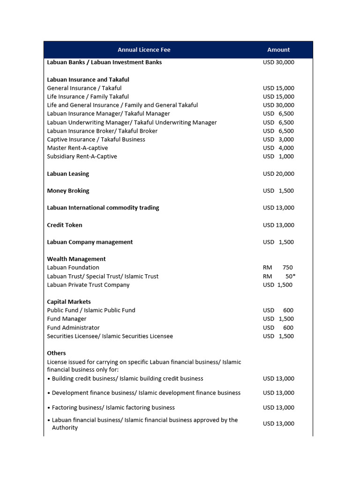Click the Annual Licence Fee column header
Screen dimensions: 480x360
tap(144, 50)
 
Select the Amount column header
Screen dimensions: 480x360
tap(278, 50)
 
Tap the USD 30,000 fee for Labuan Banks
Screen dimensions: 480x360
tap(278, 62)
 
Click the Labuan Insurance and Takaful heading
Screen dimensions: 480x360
tap(88, 80)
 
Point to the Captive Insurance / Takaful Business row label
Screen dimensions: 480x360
tap(96, 139)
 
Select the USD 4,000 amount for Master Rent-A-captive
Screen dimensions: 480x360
tap(278, 148)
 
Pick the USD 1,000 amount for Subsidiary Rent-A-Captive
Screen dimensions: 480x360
tap(278, 157)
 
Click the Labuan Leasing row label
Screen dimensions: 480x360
tap(68, 174)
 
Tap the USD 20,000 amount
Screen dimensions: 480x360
tap(278, 174)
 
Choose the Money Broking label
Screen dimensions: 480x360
tap(68, 191)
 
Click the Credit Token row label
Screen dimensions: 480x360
tap(65, 225)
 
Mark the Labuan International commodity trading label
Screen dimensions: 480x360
tap(103, 208)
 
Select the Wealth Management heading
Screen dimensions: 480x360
tap(76, 259)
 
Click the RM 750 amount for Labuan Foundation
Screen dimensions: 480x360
tap(278, 268)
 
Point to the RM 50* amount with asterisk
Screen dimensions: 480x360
tap(279, 277)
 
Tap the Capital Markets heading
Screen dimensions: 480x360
tap(69, 302)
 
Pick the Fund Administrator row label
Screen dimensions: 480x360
tap(73, 328)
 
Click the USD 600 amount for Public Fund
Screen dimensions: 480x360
tap(278, 310)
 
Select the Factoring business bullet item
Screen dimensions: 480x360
tap(113, 408)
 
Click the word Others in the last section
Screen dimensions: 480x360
tap(56, 353)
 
